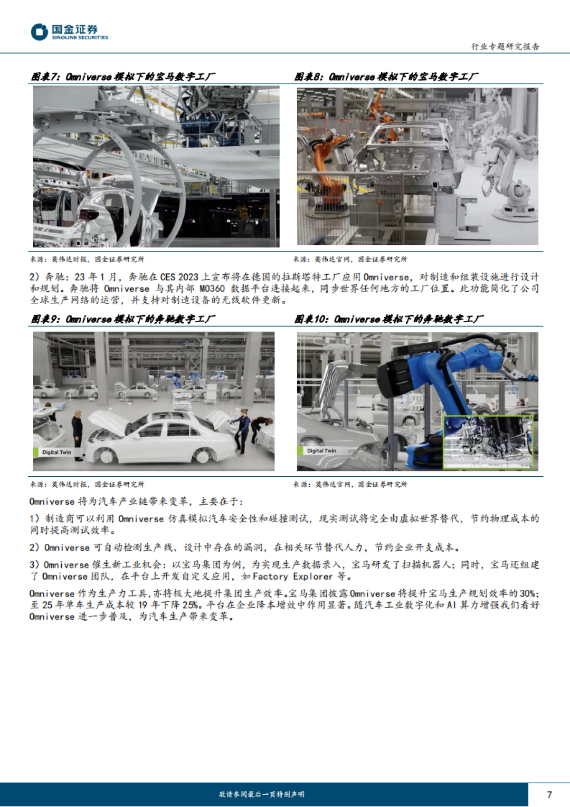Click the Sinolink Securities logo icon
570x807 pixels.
tap(39, 32)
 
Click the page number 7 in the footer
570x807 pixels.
tap(550, 795)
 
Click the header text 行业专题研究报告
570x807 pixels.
tap(505, 47)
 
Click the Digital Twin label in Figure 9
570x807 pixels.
tap(56, 452)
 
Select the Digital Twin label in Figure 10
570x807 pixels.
tap(321, 451)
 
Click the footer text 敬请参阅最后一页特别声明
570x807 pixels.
tap(262, 795)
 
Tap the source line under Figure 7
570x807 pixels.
tap(87, 259)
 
